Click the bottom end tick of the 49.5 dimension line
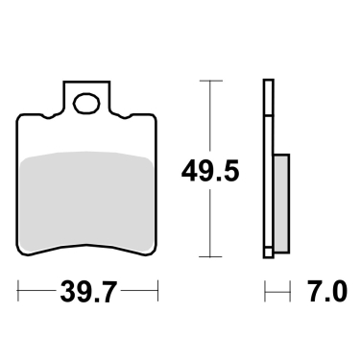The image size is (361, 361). (204, 257)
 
